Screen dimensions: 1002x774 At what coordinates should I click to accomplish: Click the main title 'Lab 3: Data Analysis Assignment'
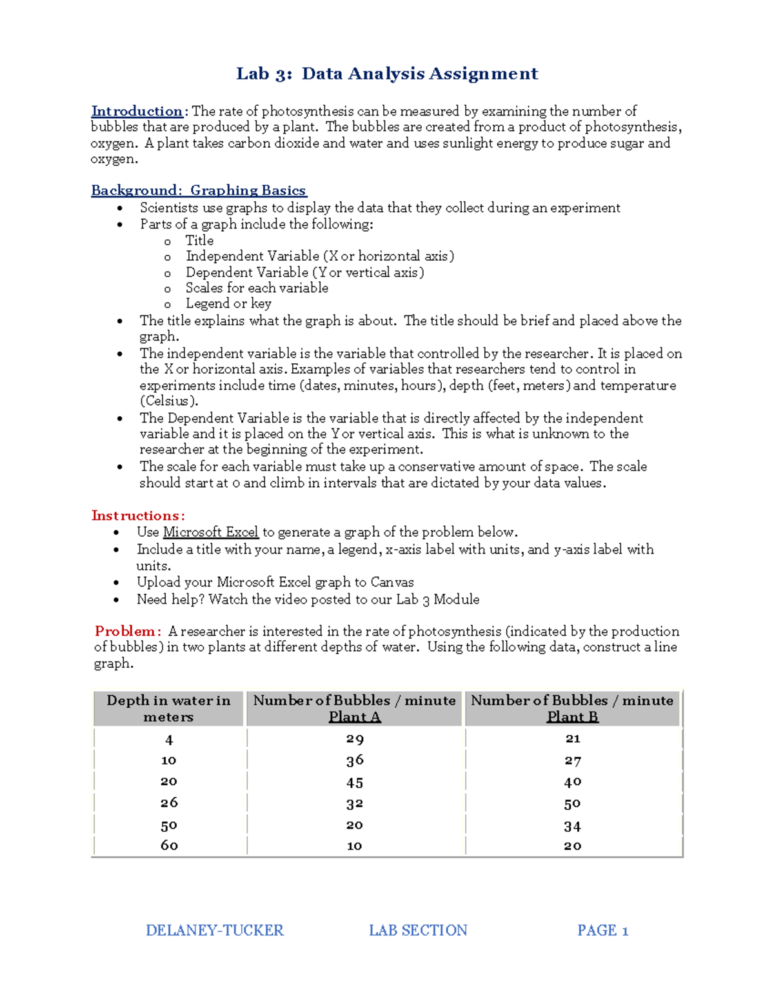click(x=387, y=74)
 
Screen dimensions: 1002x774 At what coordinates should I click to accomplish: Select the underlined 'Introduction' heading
click(x=137, y=111)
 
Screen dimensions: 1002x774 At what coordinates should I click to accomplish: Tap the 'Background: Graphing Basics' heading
click(x=199, y=190)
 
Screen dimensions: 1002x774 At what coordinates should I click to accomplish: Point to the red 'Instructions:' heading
click(x=138, y=516)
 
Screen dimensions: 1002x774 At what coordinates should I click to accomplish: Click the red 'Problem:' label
click(x=128, y=631)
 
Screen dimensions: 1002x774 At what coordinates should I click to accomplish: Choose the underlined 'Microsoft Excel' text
click(x=210, y=532)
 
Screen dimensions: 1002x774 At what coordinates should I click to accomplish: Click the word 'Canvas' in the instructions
click(x=392, y=582)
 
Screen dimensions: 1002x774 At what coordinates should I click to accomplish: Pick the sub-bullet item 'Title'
click(x=199, y=241)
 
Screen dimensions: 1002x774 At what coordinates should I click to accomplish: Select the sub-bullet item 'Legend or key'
click(x=228, y=303)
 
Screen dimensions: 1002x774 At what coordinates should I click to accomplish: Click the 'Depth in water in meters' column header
click(x=168, y=708)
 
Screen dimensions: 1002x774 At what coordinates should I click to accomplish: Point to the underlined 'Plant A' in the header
click(x=354, y=717)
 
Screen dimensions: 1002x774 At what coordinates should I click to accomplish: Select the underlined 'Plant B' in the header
click(x=572, y=717)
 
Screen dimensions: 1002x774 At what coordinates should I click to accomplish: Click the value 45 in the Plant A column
click(x=354, y=783)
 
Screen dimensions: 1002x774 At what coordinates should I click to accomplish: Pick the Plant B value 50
click(x=572, y=804)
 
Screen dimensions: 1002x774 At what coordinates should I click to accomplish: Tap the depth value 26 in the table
click(x=169, y=803)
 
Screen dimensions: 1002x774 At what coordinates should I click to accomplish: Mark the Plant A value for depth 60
click(x=354, y=846)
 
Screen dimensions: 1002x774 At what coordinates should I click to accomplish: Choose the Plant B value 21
click(x=572, y=739)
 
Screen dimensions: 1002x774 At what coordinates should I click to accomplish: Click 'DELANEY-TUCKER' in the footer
click(x=214, y=930)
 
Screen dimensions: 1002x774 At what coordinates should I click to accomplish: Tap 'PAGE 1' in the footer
click(x=602, y=930)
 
